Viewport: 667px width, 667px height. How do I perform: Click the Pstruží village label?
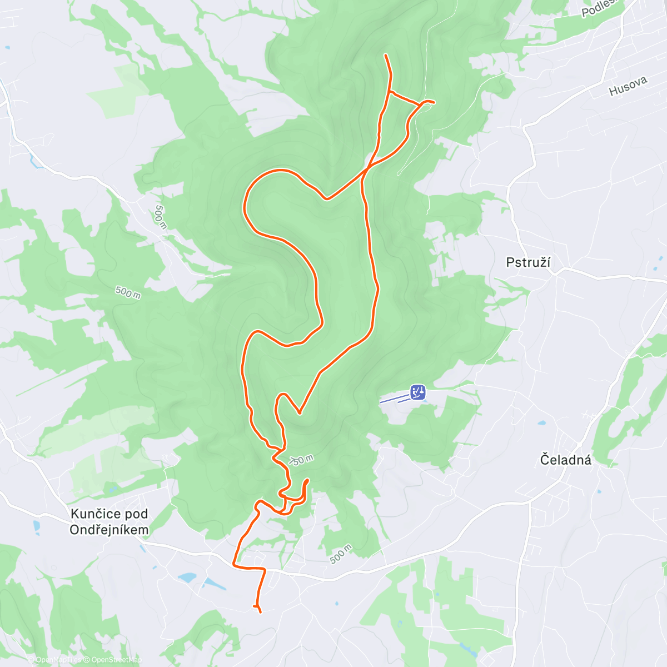point(528,262)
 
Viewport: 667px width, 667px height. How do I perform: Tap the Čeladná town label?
point(565,460)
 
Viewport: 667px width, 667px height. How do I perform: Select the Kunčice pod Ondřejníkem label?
point(109,521)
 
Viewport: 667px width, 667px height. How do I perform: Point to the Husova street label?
point(628,86)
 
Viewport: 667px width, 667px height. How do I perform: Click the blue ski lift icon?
point(418,392)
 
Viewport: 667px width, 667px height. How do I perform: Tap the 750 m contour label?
point(302,460)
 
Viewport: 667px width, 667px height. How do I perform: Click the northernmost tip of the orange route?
point(386,55)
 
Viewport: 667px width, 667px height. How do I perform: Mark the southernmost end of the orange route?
point(260,612)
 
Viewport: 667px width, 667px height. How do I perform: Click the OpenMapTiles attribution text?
point(55,660)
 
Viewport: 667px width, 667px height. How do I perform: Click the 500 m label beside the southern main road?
point(341,554)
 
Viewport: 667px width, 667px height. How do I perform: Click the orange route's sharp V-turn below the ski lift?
point(300,413)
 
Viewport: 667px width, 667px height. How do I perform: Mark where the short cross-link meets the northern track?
point(389,92)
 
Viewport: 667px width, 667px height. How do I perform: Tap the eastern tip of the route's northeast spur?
point(434,102)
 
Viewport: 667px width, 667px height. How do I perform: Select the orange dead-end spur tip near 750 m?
point(307,479)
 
